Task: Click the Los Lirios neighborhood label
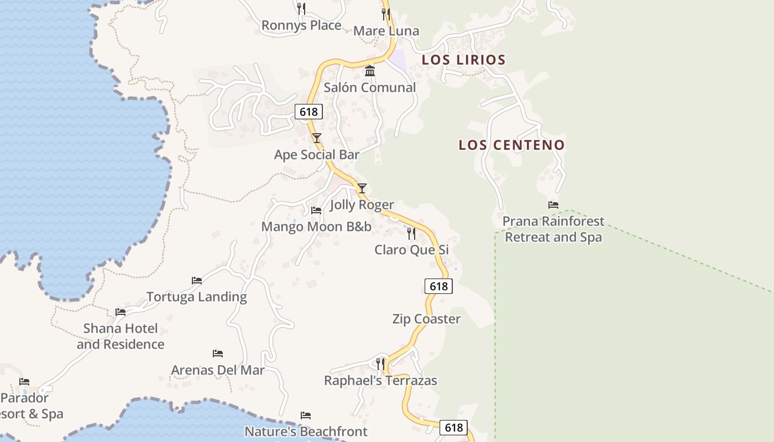[463, 60]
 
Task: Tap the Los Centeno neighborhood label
[511, 145]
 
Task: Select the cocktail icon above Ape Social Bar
[316, 138]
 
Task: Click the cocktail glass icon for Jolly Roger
[362, 188]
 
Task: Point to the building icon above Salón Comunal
[370, 71]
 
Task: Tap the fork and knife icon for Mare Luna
[385, 14]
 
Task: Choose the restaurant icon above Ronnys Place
[301, 8]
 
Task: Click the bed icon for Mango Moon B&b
[316, 211]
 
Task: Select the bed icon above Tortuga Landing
[196, 281]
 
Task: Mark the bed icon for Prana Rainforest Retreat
[553, 205]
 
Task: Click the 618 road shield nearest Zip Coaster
[438, 286]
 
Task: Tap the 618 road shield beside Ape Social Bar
[308, 112]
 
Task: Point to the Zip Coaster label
[426, 319]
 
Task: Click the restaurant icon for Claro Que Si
[411, 234]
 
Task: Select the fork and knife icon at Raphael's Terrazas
[380, 364]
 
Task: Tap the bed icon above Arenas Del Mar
[218, 354]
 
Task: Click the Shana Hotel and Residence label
[121, 336]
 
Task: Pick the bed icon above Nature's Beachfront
[305, 415]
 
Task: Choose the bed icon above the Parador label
[24, 382]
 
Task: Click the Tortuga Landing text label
[196, 297]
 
